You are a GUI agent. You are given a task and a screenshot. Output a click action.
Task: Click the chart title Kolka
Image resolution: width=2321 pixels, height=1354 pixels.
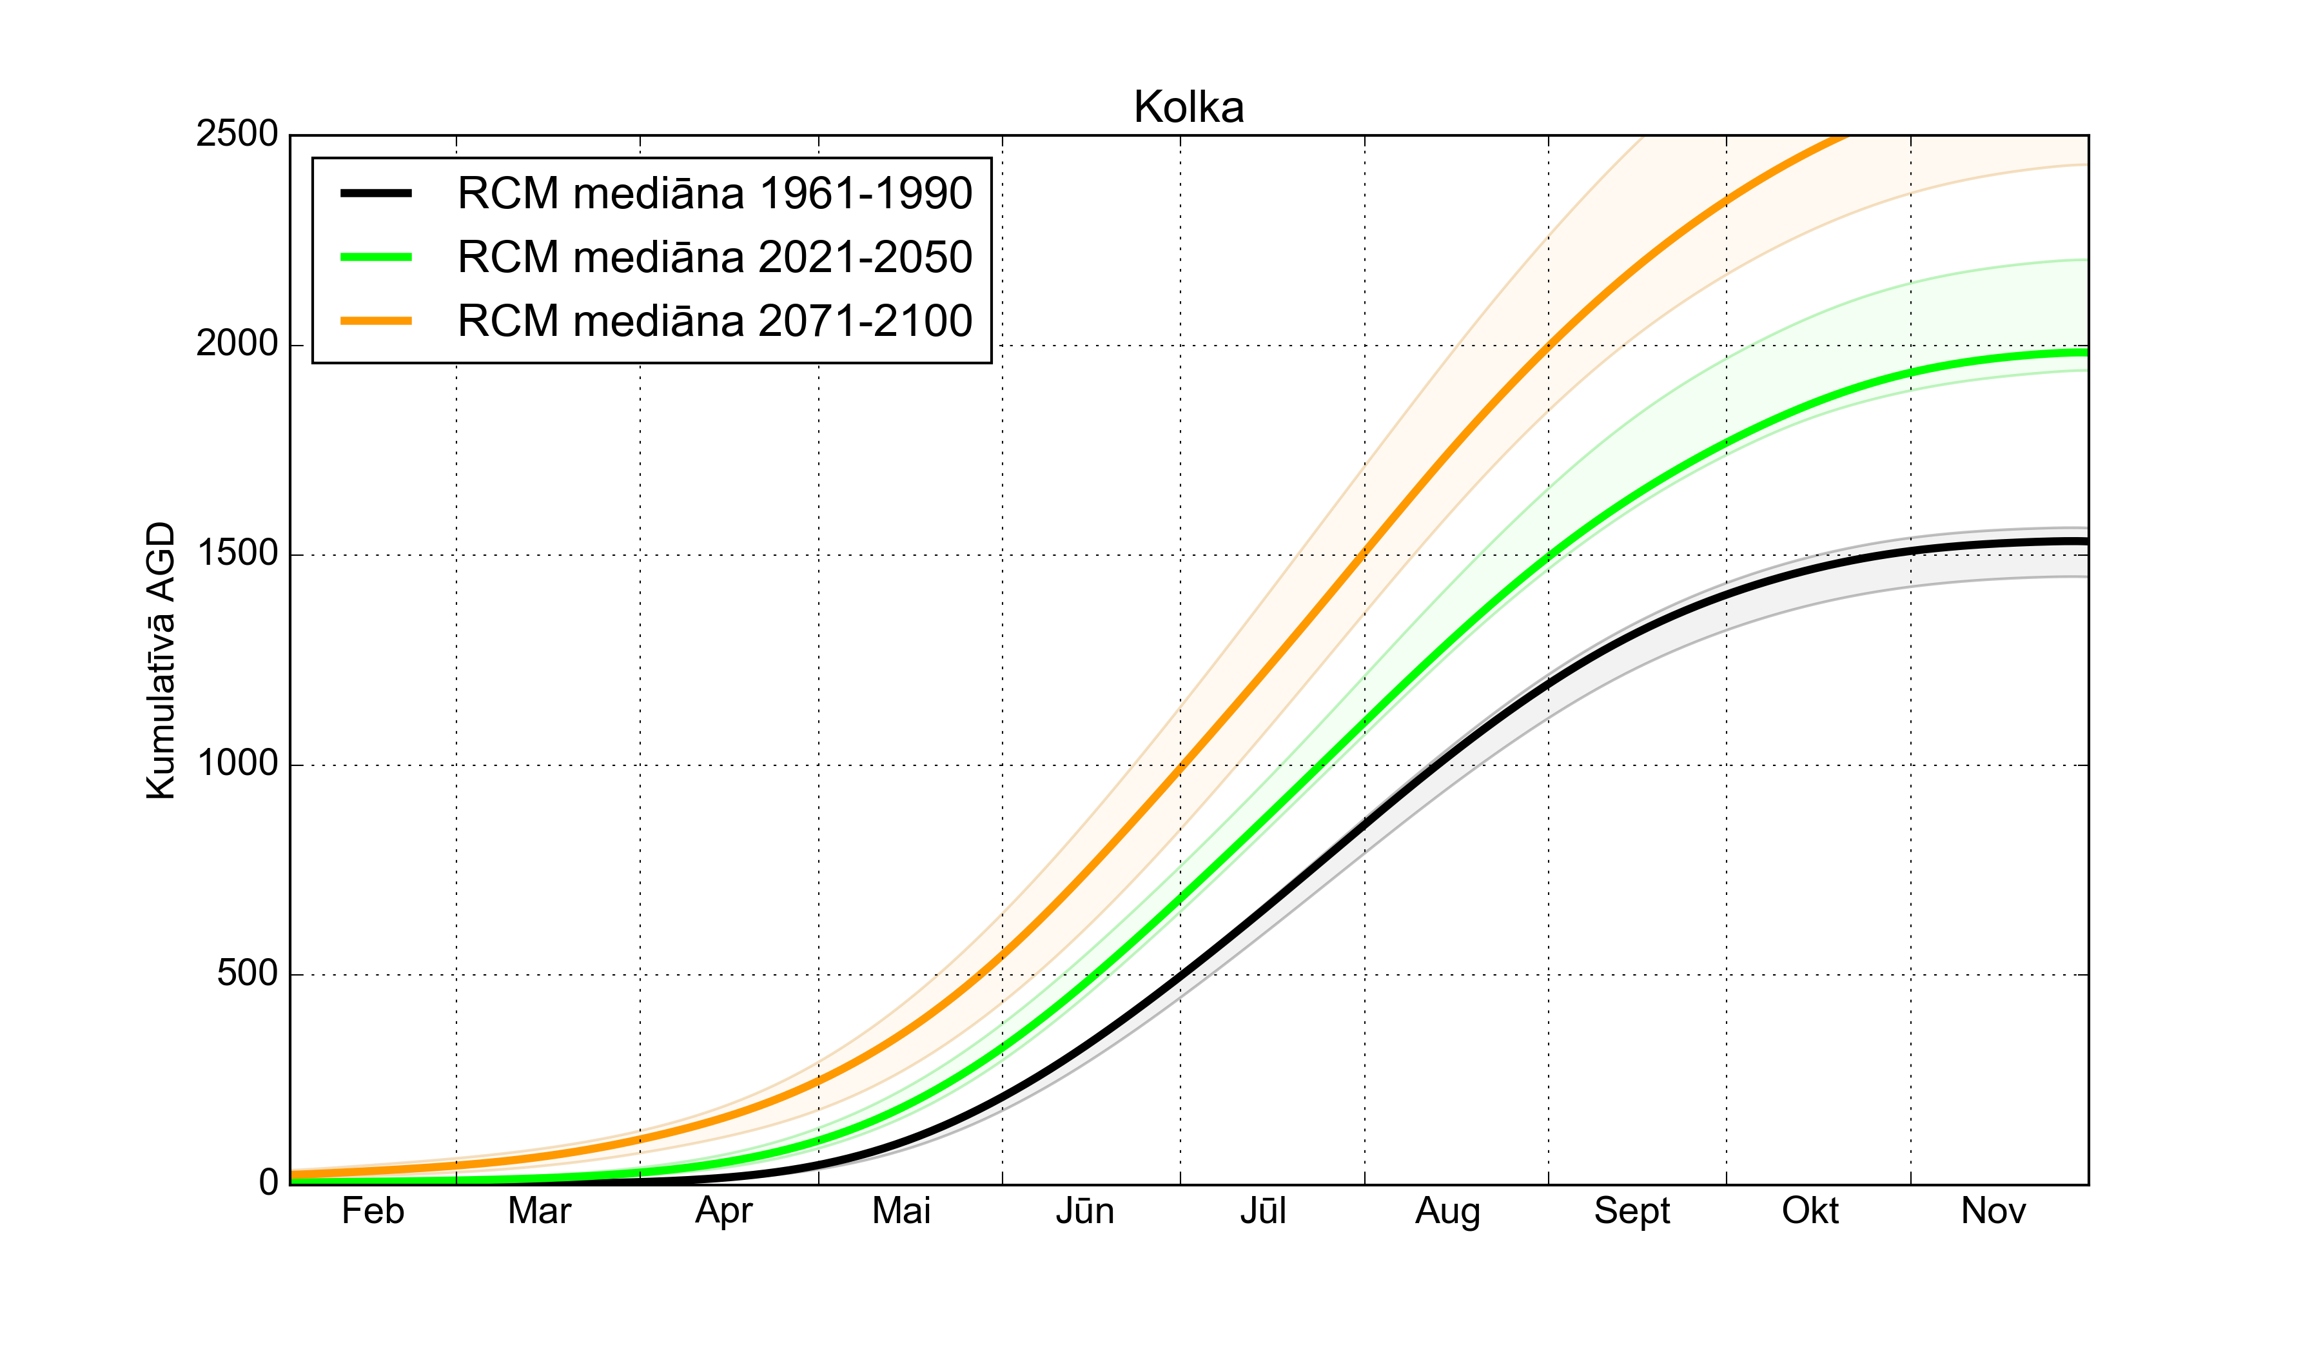1188,108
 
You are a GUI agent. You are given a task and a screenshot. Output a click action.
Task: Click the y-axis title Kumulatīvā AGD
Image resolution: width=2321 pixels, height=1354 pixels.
161,660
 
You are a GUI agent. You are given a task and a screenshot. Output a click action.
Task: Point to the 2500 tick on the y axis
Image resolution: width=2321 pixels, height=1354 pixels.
237,135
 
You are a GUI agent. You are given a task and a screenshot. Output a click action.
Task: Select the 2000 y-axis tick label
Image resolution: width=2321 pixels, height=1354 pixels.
237,344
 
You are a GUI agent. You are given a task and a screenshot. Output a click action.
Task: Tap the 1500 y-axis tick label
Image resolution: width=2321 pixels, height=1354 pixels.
237,554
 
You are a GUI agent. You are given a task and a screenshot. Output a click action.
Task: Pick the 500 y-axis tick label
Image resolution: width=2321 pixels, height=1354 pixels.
247,974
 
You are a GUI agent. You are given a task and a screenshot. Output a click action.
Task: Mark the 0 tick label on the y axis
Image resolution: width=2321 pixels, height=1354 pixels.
268,1182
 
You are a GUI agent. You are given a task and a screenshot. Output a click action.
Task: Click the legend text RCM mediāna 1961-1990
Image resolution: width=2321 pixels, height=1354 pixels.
715,194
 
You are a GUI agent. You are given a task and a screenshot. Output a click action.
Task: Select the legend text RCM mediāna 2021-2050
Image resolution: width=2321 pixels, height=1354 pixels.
715,258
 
